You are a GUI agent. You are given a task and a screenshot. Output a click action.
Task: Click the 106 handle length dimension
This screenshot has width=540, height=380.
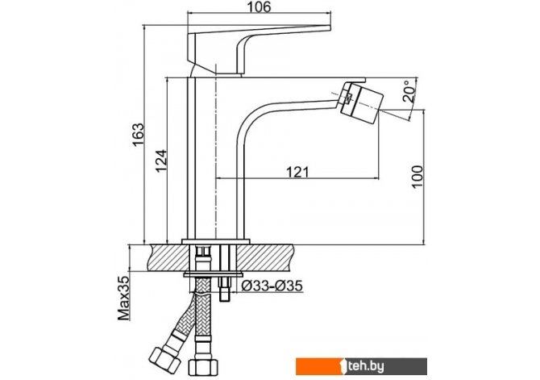coord(259,6)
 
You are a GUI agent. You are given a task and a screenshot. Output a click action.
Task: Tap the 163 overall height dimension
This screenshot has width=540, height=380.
coord(139,134)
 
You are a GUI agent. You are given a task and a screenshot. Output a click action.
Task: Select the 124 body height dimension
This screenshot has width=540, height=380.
coord(161,161)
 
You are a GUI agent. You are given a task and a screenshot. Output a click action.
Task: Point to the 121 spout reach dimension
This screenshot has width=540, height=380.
coord(297,172)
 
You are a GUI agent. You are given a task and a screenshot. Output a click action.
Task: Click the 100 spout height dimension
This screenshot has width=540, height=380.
coord(417,177)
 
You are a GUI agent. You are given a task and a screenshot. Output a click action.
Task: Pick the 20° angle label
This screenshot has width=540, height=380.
coord(409,90)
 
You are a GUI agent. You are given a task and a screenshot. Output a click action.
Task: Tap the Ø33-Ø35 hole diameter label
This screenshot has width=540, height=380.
coord(272,286)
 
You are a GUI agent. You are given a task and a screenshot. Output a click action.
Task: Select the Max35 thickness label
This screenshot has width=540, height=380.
coord(123,298)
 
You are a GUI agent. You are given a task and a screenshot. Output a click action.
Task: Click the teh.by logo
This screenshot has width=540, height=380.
coord(361,366)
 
